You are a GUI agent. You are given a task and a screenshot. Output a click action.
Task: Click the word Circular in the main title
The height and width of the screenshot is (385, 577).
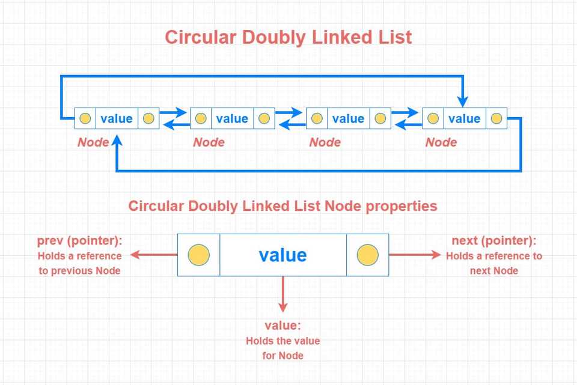pos(201,37)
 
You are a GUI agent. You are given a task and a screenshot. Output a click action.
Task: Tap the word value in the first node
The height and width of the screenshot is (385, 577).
pos(117,118)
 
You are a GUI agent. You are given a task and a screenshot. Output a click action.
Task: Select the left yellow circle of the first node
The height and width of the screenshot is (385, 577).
pos(85,118)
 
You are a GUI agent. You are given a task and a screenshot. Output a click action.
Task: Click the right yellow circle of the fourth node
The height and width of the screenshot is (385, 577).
pos(496,118)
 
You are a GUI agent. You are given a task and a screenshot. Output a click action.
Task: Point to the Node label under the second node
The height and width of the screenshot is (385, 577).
pos(209,142)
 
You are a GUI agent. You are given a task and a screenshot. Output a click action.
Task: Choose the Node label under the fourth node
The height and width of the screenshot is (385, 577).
pos(441,142)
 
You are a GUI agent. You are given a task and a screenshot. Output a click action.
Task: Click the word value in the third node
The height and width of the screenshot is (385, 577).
pos(348,118)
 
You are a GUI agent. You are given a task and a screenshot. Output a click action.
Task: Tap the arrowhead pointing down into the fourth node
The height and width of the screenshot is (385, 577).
pos(463,102)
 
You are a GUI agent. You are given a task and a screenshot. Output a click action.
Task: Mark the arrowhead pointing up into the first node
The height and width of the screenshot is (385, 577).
pos(117,141)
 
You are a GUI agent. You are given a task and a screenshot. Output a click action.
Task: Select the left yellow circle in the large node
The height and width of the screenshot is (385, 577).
pos(199,255)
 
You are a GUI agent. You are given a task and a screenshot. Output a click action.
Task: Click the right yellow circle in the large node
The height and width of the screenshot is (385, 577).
pos(368,255)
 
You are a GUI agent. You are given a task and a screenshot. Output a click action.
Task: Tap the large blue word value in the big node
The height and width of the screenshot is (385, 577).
pos(282,255)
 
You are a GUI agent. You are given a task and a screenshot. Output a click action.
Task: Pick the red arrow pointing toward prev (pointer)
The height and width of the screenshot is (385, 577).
pos(154,255)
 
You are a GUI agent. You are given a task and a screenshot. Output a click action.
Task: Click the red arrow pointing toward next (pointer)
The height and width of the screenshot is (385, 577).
pos(415,255)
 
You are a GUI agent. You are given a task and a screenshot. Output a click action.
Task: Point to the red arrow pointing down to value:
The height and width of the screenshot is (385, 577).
pos(282,294)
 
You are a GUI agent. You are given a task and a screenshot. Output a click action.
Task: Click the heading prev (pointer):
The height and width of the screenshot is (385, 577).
pos(80,240)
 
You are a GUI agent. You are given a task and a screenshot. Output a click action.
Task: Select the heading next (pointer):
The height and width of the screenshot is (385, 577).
pos(494,240)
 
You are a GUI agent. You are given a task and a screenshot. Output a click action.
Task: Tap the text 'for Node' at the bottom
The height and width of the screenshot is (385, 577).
pos(282,356)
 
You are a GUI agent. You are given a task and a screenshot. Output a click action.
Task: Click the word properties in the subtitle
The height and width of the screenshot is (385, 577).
pos(401,206)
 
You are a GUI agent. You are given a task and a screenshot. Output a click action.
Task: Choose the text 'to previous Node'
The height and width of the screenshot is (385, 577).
pos(79,271)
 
